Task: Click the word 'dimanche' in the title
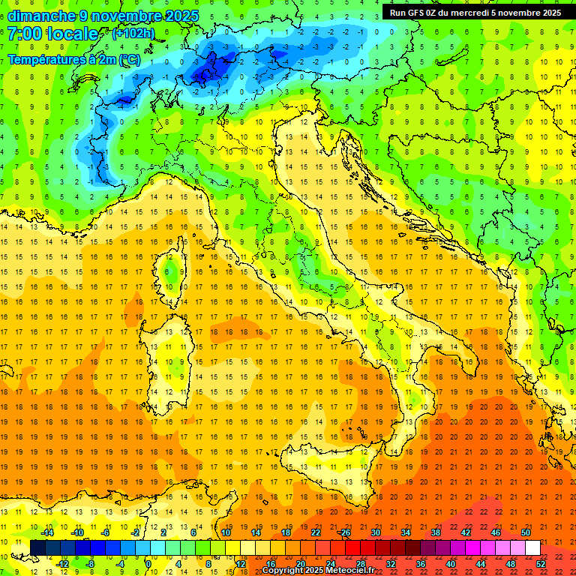point(38,16)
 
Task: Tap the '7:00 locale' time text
point(53,34)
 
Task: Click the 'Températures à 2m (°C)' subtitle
point(73,59)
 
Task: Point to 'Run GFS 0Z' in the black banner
point(418,12)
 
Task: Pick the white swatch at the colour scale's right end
point(532,548)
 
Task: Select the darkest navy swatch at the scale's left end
point(37,548)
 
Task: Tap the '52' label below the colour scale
point(541,564)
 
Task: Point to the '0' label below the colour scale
point(148,564)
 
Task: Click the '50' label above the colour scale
point(526,532)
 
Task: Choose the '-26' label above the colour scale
point(344,532)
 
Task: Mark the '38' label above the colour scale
point(435,532)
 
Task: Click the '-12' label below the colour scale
point(63,564)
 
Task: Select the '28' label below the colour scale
point(360,564)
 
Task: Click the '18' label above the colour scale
point(285,532)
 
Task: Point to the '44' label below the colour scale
point(481,564)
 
